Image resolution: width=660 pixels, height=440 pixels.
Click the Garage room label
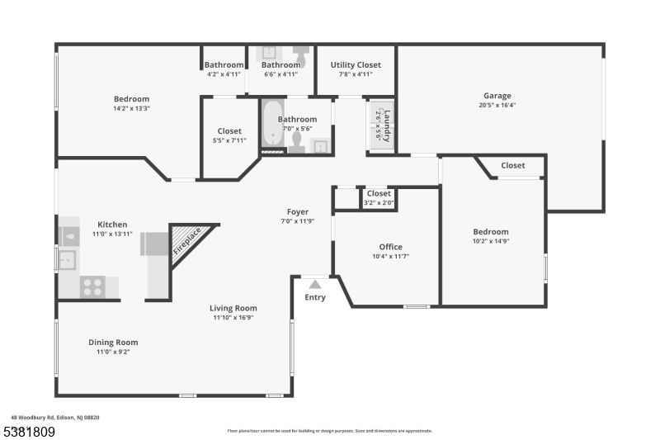(x=497, y=96)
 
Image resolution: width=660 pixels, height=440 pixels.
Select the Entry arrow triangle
(x=315, y=284)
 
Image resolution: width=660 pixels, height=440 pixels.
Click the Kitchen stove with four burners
(x=92, y=287)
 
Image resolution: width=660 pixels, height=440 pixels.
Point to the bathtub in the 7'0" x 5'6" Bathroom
(x=273, y=123)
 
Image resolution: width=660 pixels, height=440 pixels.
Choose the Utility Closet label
(x=356, y=65)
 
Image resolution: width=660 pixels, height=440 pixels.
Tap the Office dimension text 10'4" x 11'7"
(x=390, y=256)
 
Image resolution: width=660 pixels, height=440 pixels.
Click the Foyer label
(x=298, y=212)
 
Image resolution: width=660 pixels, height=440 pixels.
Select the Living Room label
(x=233, y=308)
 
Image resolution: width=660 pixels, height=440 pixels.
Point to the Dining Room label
(x=113, y=343)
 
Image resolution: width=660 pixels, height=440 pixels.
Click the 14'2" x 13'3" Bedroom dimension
(x=132, y=108)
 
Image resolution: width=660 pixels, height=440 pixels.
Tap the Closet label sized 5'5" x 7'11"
(x=229, y=131)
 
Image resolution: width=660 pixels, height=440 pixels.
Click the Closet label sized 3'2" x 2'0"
(x=379, y=193)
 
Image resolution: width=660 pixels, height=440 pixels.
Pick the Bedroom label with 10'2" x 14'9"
(x=491, y=232)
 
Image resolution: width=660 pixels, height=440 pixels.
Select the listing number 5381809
(x=30, y=432)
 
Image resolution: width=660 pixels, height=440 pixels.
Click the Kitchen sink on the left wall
(x=67, y=260)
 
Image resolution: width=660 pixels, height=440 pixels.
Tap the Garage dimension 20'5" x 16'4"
(x=497, y=106)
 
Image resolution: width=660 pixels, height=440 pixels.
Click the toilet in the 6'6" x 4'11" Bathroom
(x=300, y=54)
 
